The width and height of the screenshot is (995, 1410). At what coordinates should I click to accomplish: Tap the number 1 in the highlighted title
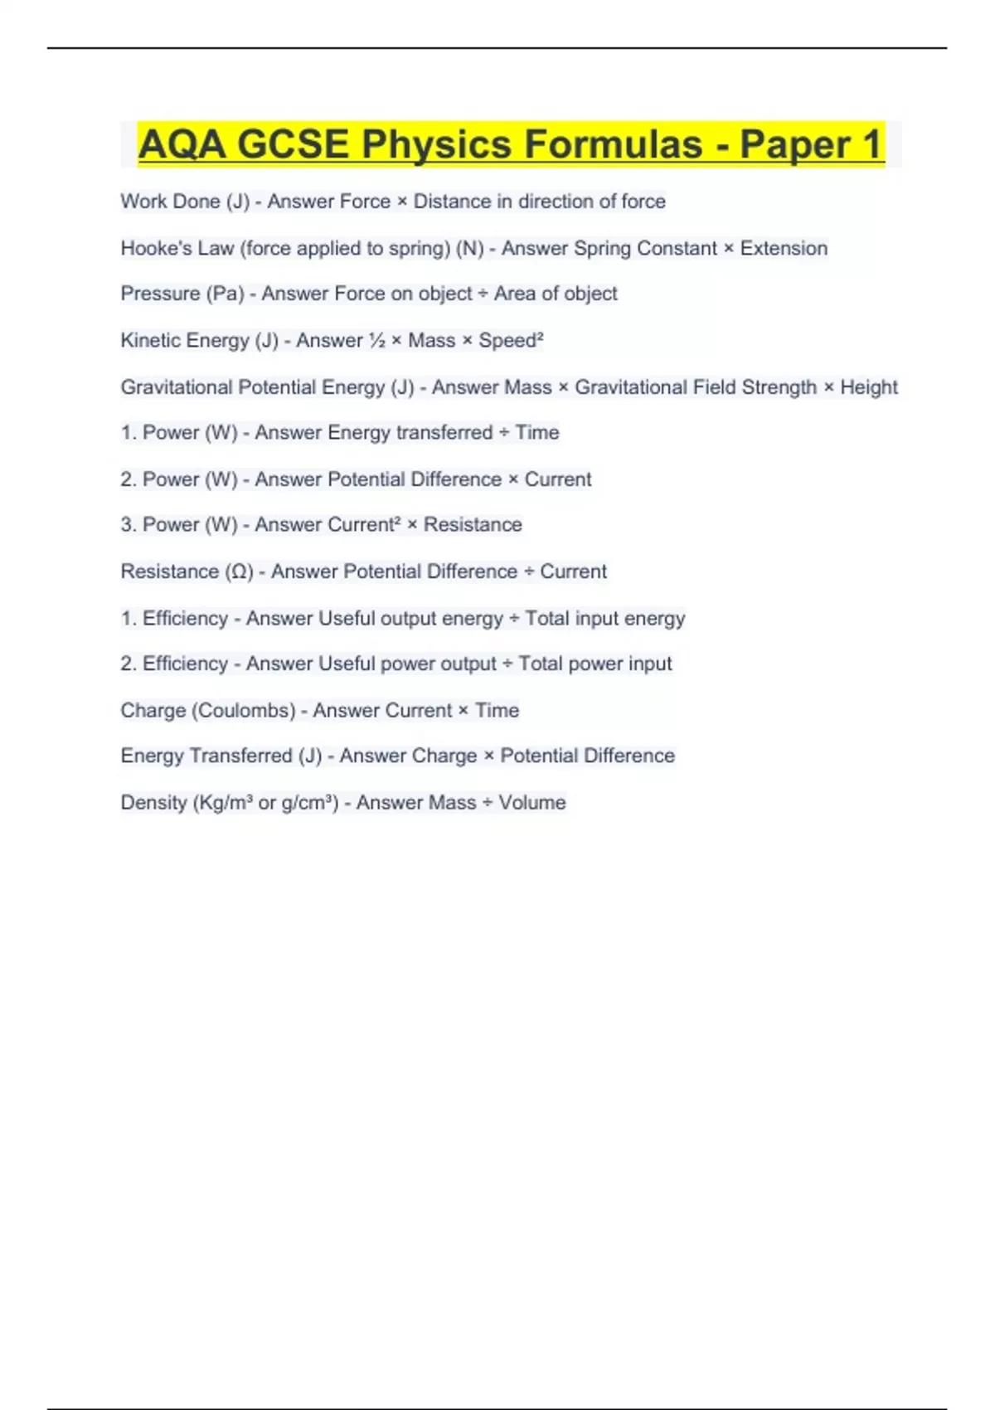871,144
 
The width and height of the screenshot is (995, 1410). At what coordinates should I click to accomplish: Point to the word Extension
784,248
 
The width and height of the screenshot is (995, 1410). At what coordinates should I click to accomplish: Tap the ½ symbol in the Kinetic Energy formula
376,341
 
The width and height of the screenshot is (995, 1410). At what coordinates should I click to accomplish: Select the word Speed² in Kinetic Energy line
511,341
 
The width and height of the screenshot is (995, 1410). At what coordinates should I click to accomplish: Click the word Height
869,387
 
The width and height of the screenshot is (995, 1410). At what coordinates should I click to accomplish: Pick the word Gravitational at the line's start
176,387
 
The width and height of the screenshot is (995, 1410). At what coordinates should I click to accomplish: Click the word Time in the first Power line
537,433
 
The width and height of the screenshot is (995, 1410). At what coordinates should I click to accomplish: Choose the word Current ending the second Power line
558,479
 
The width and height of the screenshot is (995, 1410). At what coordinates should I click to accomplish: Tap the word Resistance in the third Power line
473,525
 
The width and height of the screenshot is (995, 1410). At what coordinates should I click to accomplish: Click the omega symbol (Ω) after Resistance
240,571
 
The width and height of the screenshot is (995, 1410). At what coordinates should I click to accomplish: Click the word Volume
531,803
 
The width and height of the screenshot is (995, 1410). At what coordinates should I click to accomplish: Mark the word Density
153,803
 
